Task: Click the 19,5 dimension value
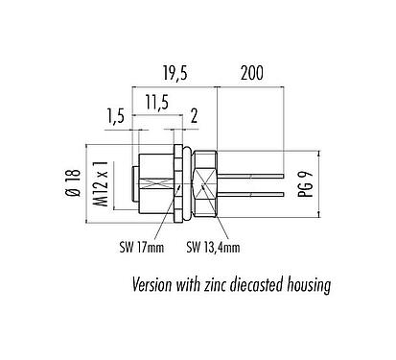coord(175,73)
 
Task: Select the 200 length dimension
coord(251,73)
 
